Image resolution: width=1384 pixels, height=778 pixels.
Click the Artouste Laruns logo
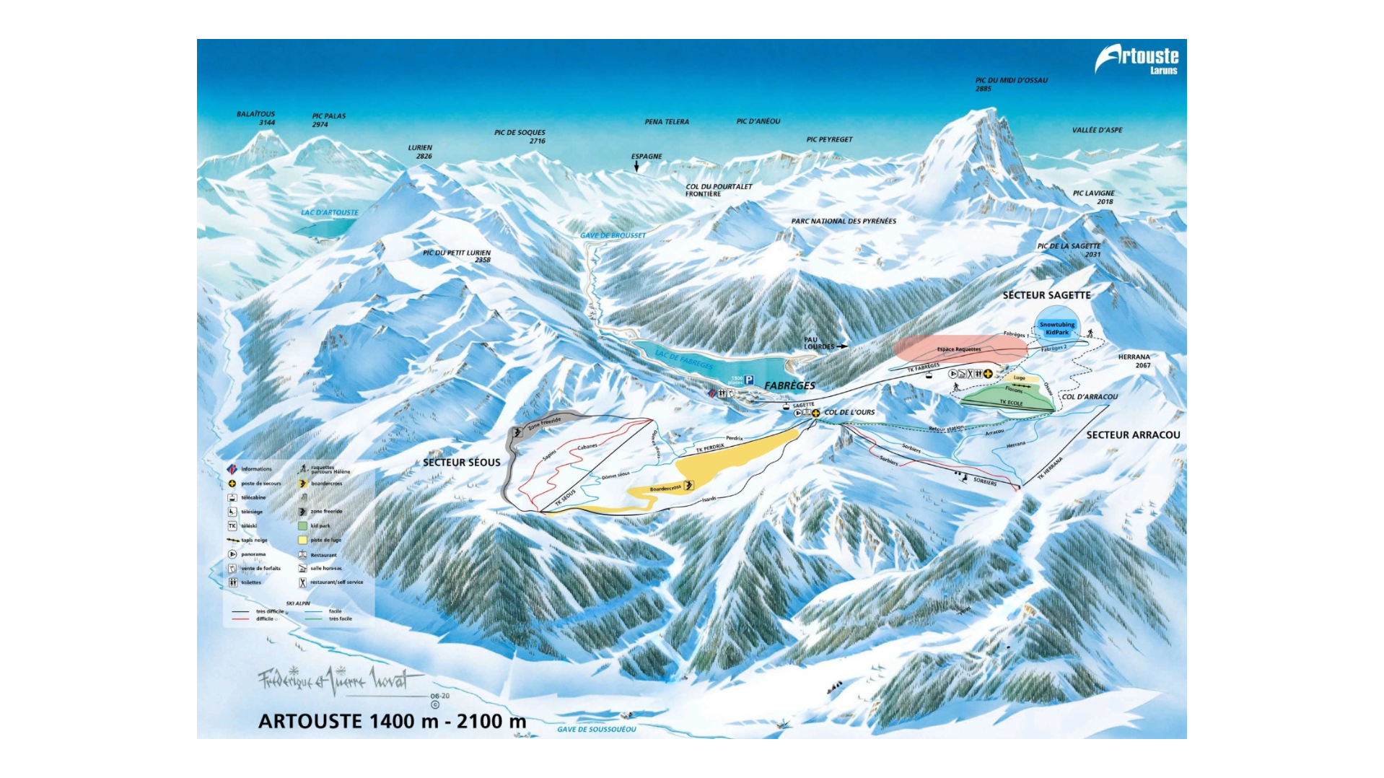[1136, 58]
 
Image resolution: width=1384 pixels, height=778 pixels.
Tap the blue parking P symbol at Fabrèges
[749, 380]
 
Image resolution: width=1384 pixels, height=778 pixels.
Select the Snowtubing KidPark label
[1056, 328]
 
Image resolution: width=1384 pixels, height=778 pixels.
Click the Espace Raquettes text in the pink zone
[958, 349]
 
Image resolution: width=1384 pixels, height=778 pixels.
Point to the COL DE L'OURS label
[849, 413]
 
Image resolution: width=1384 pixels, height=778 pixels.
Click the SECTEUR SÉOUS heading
[461, 463]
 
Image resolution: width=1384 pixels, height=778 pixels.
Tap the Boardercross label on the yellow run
[665, 489]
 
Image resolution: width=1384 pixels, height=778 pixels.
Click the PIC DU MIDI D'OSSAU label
[1011, 80]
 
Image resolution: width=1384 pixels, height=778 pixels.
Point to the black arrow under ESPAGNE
[636, 167]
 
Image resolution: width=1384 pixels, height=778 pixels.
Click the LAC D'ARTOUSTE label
[329, 213]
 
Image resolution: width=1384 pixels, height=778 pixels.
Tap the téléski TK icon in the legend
[232, 526]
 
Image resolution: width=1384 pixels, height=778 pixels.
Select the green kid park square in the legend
[302, 526]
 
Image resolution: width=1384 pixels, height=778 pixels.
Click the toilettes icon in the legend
[232, 582]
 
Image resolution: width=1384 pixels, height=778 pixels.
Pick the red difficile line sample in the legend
[240, 619]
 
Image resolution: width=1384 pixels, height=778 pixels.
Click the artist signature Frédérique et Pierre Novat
[339, 680]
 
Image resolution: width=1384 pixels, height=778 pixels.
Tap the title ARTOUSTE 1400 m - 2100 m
[392, 721]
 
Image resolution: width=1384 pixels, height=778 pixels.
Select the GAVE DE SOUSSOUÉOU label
[596, 730]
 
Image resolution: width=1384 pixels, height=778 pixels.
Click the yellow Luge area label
[1019, 378]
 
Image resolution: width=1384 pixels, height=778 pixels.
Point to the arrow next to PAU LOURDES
[841, 347]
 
